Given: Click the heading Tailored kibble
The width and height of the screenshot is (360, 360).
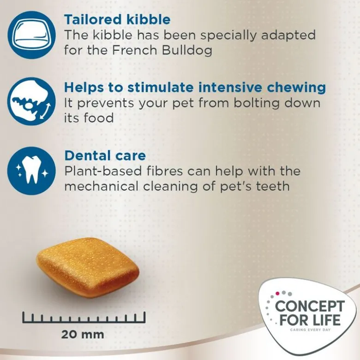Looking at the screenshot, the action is click(117, 19).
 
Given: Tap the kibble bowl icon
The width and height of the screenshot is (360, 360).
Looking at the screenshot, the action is click(31, 35).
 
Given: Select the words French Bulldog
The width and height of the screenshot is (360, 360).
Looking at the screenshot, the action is click(162, 50).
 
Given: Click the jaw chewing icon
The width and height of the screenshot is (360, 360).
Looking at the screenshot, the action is click(31, 101).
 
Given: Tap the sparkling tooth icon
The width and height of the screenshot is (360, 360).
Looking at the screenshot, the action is click(31, 171).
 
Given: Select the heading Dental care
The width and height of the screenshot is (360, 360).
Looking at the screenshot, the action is click(105, 155).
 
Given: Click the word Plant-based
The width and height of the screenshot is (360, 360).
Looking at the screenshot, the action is click(103, 171).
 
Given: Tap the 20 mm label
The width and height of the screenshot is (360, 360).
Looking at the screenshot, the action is click(83, 334).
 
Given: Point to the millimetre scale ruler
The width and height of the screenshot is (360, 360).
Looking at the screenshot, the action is click(84, 317).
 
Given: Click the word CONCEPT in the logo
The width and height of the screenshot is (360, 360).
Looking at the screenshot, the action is click(310, 307).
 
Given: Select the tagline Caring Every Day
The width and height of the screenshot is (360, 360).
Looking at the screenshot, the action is click(310, 330).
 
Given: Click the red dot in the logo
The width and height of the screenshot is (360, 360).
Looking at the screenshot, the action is click(277, 293).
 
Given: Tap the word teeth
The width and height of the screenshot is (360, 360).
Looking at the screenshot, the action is click(273, 186).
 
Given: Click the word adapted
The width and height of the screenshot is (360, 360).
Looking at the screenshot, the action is click(288, 35).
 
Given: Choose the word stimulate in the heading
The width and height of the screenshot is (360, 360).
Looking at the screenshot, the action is click(161, 88).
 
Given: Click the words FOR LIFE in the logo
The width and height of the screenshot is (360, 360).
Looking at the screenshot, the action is click(310, 320).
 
